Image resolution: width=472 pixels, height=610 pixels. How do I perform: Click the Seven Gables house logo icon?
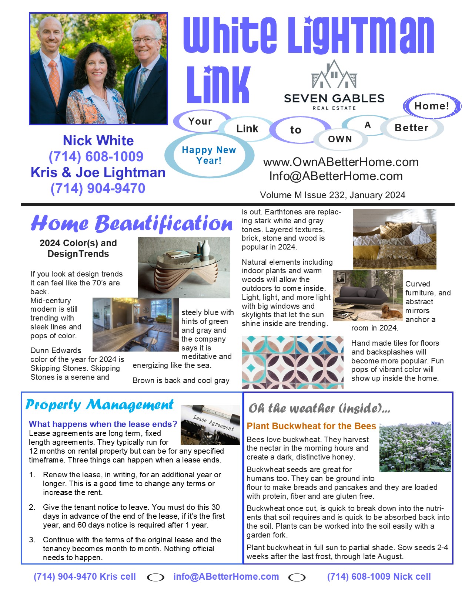[334, 75]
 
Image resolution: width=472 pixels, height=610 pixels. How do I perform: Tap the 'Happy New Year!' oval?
[209, 155]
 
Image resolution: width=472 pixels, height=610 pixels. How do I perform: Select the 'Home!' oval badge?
[432, 106]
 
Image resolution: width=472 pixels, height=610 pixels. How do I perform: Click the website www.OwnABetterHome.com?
[341, 162]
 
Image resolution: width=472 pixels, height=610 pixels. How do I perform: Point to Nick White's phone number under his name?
[96, 156]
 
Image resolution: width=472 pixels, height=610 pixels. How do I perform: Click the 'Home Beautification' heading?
[131, 224]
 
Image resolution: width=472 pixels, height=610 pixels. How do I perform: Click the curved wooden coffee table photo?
[184, 267]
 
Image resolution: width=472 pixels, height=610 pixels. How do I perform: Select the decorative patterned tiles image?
[292, 362]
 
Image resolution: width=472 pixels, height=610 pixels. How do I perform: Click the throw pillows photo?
[395, 239]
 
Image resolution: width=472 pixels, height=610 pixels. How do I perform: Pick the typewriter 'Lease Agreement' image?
[210, 424]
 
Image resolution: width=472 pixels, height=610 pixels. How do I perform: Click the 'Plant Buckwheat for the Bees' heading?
[311, 426]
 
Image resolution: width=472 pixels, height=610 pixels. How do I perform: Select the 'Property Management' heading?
[99, 405]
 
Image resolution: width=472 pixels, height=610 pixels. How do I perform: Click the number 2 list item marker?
[32, 507]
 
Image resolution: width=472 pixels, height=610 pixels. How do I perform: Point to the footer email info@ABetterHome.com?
[226, 577]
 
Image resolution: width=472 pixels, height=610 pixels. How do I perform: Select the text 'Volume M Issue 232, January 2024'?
[332, 195]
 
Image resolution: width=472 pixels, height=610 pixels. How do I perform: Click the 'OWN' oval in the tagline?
[340, 139]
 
